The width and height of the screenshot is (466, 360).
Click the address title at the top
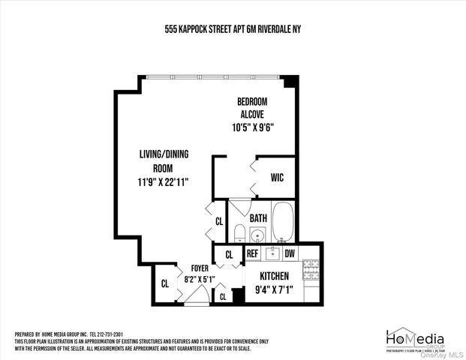[233, 29]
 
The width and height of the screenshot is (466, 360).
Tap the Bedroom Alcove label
[252, 107]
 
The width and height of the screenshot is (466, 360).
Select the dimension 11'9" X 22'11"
[163, 181]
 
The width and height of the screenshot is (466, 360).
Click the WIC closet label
[278, 178]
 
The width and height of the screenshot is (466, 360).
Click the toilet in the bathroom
[239, 233]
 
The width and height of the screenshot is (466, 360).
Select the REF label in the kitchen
[253, 253]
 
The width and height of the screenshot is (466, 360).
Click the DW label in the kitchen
[289, 253]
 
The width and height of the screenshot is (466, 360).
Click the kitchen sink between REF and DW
[270, 253]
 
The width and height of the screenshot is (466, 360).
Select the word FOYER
[200, 268]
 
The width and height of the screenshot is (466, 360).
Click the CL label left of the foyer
[164, 283]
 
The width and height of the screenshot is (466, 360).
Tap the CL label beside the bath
[219, 221]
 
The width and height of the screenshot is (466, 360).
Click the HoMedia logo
[414, 338]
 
